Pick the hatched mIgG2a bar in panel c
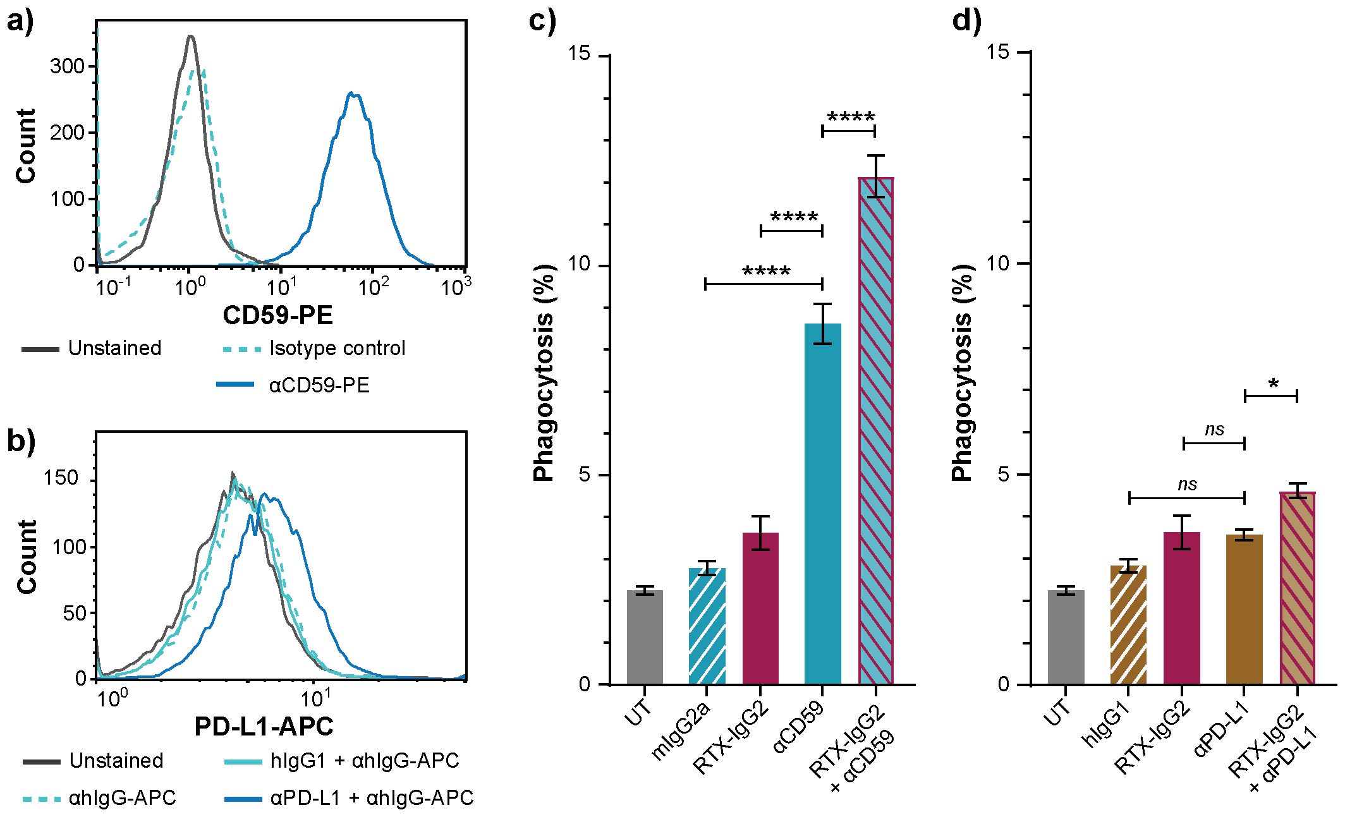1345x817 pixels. coord(707,626)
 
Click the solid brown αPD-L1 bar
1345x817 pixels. coord(1244,609)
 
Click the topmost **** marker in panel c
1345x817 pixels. coord(851,118)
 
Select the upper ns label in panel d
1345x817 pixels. coord(1214,430)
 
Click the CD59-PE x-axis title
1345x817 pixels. coord(277,315)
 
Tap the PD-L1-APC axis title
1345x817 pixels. coord(264,727)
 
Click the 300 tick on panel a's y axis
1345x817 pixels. coord(67,66)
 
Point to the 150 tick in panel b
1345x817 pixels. coord(61,478)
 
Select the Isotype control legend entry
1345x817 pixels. coord(337,348)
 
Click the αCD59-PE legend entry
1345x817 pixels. coord(319,385)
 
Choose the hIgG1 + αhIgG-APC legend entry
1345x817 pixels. coord(364,760)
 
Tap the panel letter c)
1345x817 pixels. coord(542,20)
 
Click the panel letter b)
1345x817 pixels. coord(21,440)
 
